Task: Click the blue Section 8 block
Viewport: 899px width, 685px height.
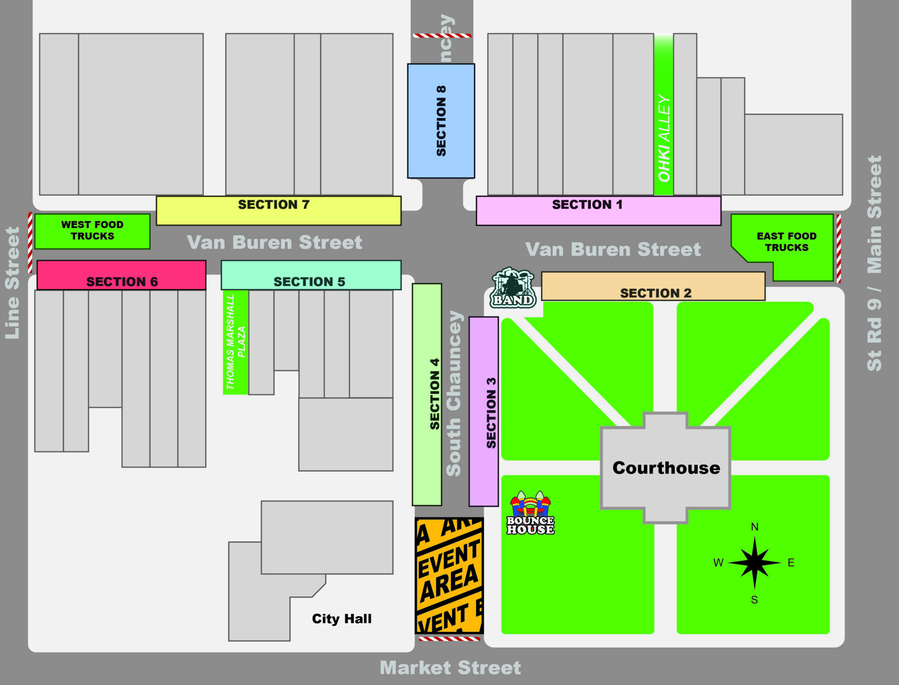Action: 441,121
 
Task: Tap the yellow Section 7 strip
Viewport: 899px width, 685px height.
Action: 278,211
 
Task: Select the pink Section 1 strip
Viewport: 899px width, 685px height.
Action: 598,211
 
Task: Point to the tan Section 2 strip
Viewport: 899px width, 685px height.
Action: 653,286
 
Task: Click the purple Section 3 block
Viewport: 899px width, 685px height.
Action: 483,412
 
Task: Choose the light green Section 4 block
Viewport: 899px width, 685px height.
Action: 427,394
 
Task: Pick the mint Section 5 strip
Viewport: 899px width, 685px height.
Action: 310,275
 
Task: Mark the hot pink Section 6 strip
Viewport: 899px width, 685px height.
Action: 121,275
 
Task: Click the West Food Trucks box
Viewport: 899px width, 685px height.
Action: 92,231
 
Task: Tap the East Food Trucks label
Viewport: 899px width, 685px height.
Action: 786,242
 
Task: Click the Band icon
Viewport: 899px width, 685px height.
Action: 513,288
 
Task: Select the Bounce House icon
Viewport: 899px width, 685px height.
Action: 530,513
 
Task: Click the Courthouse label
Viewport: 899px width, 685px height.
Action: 666,468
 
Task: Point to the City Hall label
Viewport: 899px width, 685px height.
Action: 341,619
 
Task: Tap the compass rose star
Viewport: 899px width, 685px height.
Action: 754,563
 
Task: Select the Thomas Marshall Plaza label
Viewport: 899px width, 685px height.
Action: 235,342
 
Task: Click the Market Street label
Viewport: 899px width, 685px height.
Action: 450,668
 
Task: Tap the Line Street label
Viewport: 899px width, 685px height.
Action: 13,283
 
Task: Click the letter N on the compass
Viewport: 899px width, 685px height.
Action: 754,527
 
